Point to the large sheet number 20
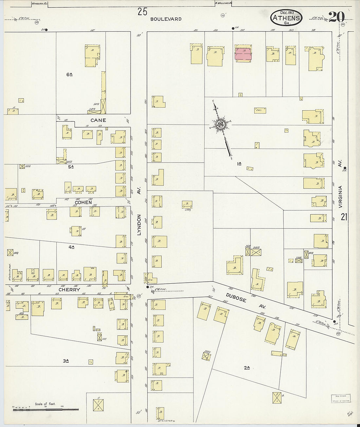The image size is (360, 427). click(336, 17)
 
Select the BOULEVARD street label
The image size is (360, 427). click(166, 19)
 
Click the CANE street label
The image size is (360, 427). click(98, 120)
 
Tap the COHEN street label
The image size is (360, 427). click(83, 202)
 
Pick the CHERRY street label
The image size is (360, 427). click(69, 290)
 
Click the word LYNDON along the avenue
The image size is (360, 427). click(139, 225)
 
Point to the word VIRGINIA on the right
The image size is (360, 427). click(340, 197)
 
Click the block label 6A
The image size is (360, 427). click(69, 75)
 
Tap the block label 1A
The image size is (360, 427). click(239, 164)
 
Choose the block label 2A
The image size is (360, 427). click(247, 368)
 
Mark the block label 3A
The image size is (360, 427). click(66, 361)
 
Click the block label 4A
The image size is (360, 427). click(71, 247)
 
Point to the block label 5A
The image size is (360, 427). click(71, 167)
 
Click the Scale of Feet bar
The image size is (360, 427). click(45, 409)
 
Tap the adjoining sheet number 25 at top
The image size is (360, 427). click(142, 12)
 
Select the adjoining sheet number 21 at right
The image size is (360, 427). click(344, 217)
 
